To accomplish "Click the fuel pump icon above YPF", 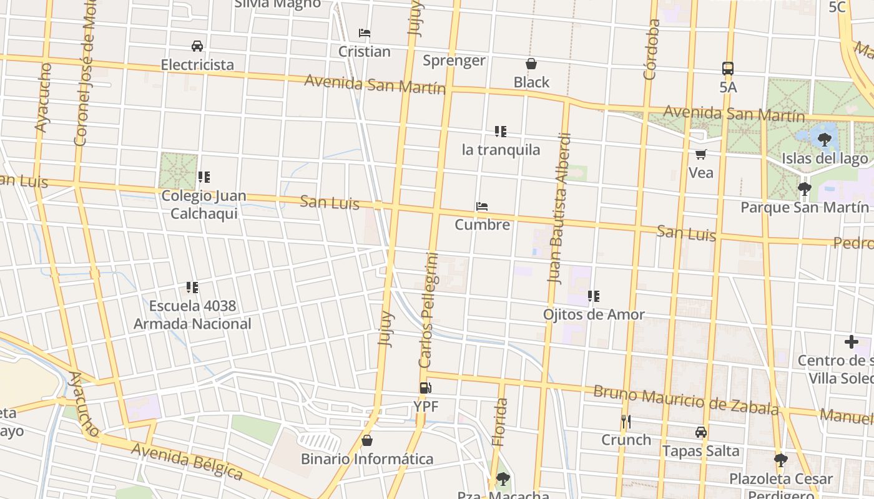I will pos(425,388).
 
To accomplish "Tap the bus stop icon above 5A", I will pos(727,69).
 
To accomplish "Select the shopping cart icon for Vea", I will pos(700,154).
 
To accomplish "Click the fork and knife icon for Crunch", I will pos(626,422).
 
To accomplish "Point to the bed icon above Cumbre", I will pos(481,206).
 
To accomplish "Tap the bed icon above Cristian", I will pos(365,33).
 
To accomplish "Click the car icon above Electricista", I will pos(197,46).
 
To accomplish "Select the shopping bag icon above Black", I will pos(531,64).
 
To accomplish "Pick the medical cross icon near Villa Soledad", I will pos(851,342).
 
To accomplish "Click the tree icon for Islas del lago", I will pos(824,139).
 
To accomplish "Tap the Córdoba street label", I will pos(651,50).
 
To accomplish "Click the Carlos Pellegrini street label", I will pos(429,310).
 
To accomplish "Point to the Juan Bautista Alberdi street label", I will pos(559,208).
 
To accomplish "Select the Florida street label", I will pos(499,422).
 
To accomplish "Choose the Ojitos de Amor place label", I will pos(593,314).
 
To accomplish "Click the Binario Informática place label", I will pos(367,459).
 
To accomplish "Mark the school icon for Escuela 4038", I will pos(192,288).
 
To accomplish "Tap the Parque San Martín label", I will pos(804,207).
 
